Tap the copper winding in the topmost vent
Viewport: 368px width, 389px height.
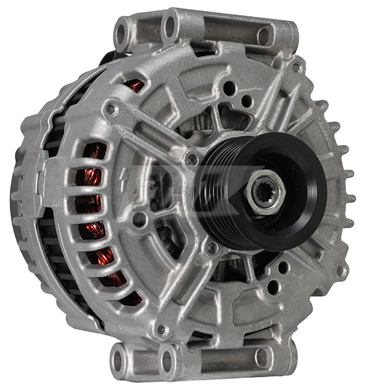tap(134, 85)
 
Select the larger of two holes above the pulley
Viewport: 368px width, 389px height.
tap(229, 88)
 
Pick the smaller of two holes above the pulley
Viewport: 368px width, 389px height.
tap(247, 101)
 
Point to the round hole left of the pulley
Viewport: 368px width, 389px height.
tap(140, 220)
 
